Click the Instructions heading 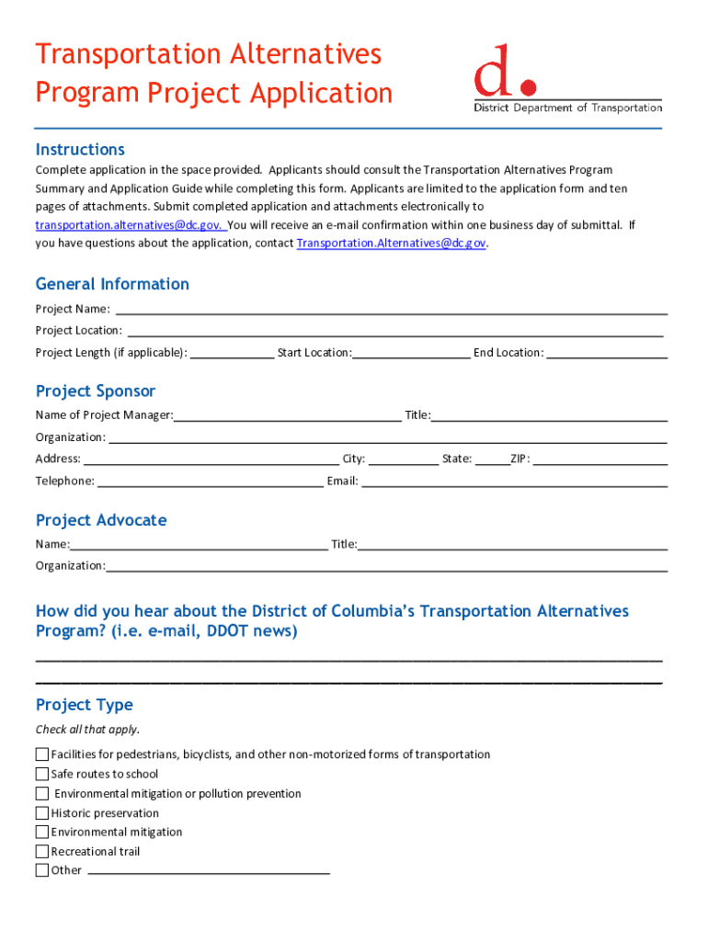pos(80,150)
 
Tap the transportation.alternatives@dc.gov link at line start pos(129,225)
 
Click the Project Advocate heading pos(101,520)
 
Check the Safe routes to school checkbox pos(42,774)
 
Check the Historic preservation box pos(42,812)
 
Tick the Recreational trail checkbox pos(42,851)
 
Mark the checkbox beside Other pos(42,870)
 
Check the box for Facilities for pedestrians pos(42,754)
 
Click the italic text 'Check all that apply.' pos(87,730)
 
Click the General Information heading pos(112,284)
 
